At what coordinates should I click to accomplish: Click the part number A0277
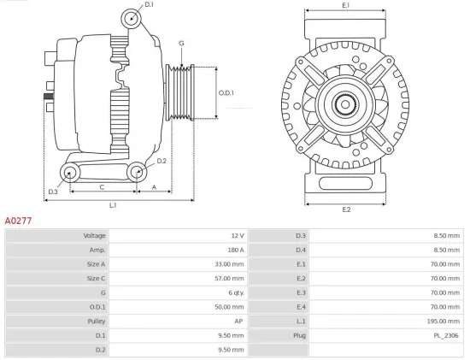(x=19, y=220)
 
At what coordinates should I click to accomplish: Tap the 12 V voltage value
(x=237, y=235)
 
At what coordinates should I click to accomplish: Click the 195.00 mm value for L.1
(x=445, y=322)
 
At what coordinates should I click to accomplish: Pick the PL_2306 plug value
(x=447, y=336)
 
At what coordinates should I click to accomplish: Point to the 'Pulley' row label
(x=95, y=322)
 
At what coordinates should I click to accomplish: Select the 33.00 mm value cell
(x=228, y=264)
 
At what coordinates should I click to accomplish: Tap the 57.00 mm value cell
(x=228, y=279)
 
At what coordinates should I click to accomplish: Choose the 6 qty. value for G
(x=233, y=293)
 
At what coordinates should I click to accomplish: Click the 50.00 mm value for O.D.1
(x=228, y=307)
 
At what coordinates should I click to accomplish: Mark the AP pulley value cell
(x=239, y=322)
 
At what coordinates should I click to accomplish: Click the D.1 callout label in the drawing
(x=150, y=5)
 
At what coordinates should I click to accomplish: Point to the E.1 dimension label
(x=345, y=6)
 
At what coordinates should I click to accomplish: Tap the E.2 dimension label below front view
(x=346, y=210)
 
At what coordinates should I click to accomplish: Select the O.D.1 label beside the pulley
(x=226, y=92)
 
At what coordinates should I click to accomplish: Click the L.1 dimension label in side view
(x=113, y=205)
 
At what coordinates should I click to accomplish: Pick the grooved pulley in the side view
(x=183, y=92)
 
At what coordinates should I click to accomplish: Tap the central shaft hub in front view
(x=346, y=105)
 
